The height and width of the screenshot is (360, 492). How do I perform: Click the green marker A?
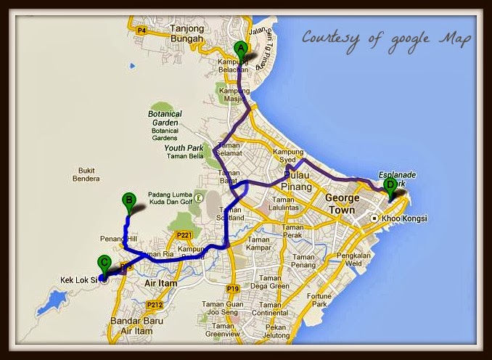point(239,49)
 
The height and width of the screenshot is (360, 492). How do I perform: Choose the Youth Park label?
point(185,148)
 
